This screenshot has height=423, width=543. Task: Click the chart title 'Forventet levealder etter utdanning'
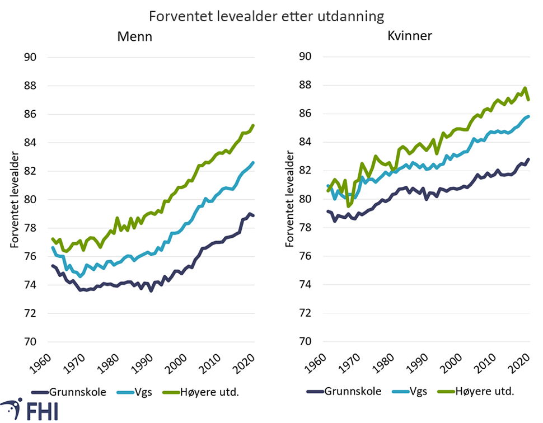[x=266, y=15]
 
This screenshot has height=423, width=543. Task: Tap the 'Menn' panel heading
[x=134, y=37]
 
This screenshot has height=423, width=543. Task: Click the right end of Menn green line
[x=254, y=125]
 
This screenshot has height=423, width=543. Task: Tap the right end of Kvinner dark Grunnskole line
[x=528, y=159]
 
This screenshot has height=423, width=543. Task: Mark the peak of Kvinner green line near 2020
[x=525, y=88]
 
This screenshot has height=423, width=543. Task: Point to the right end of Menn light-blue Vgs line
[x=254, y=163]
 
